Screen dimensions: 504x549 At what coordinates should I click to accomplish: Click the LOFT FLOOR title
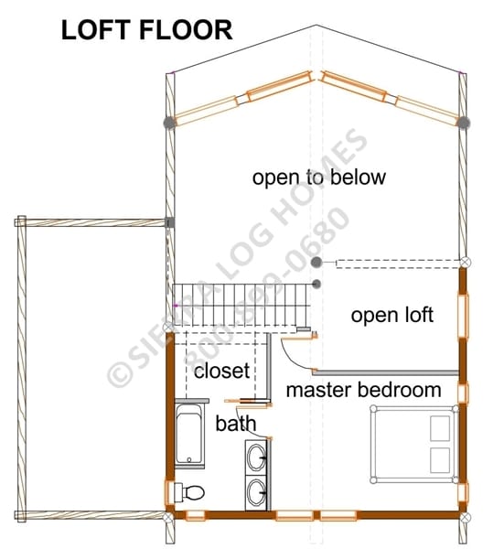point(146,30)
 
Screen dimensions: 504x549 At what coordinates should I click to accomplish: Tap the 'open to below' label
point(319,178)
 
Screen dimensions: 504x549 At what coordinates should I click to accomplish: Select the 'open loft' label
point(392,315)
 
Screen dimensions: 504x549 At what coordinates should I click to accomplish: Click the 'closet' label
point(222,371)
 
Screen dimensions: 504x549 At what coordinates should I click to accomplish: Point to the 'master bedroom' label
point(364,390)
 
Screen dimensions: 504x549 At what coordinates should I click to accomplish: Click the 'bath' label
point(236,424)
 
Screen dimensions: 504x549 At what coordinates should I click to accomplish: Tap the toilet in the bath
point(189,492)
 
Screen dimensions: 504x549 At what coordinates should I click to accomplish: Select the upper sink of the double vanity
point(256,457)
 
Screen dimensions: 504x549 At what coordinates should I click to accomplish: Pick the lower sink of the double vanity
point(256,492)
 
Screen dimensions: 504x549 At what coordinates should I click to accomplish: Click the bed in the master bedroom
point(414,444)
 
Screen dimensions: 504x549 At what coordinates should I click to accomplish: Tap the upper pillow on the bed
point(440,428)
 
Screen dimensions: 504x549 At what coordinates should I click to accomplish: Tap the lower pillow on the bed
point(440,460)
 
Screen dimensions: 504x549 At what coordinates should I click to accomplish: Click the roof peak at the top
point(316,26)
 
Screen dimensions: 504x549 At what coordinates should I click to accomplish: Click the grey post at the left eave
point(169,123)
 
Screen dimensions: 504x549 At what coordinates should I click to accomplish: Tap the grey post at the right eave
point(464,123)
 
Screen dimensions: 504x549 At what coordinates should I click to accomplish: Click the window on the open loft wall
point(463,317)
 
